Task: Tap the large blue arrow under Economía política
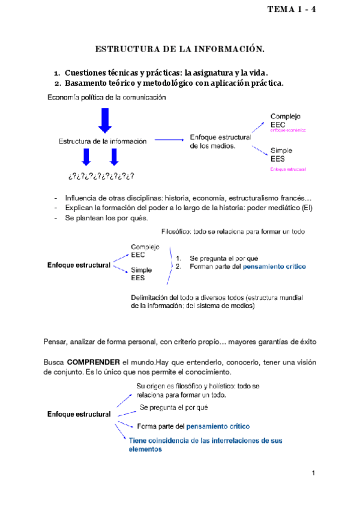(105, 120)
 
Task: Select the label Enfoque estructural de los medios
(220, 142)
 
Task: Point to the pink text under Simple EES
(288, 170)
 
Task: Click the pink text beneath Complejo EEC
(288, 130)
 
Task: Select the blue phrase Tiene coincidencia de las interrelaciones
(206, 441)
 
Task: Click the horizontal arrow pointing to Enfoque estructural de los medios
(169, 140)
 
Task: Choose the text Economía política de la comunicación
(106, 97)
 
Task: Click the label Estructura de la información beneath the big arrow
(103, 142)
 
